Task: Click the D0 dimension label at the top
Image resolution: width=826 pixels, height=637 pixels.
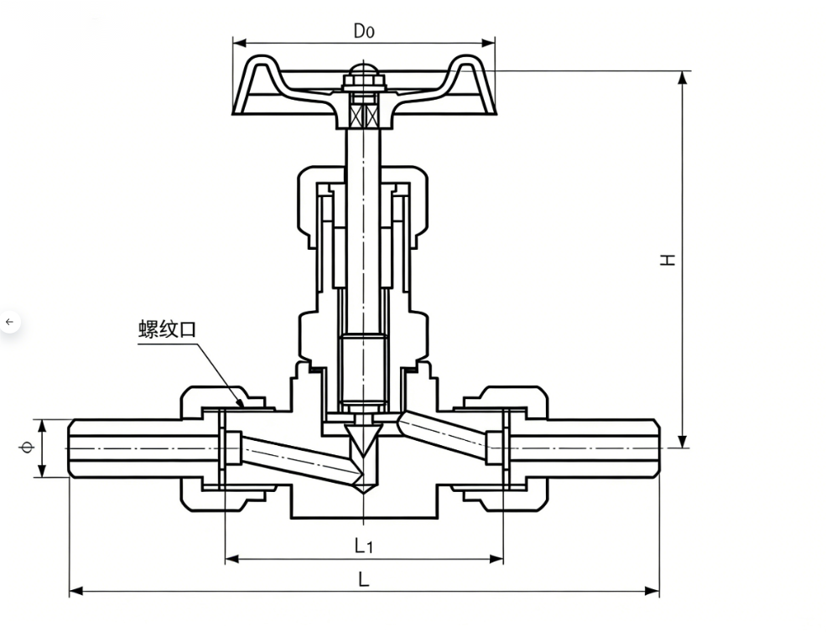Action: (363, 31)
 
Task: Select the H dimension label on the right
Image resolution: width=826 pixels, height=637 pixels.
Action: (668, 260)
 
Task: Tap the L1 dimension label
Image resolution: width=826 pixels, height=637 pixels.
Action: (363, 546)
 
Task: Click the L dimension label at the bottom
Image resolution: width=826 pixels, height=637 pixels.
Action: (363, 580)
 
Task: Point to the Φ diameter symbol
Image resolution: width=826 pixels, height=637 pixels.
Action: (26, 448)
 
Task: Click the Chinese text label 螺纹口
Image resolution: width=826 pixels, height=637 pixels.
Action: (167, 329)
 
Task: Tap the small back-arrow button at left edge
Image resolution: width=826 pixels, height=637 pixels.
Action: (9, 322)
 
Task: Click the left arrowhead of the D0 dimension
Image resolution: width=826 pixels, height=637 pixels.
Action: (240, 42)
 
